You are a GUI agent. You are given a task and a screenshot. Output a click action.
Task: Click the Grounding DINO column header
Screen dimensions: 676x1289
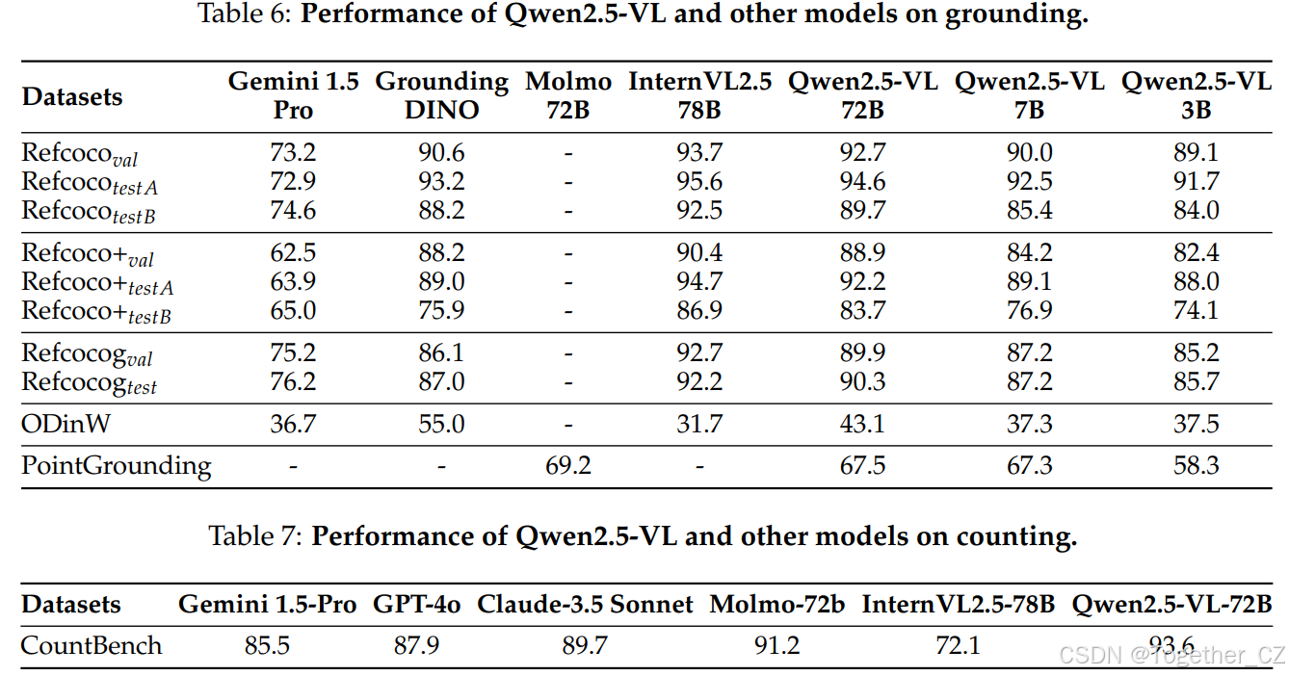pyautogui.click(x=441, y=95)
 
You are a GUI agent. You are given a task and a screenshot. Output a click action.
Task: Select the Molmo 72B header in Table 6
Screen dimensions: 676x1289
pyautogui.click(x=569, y=95)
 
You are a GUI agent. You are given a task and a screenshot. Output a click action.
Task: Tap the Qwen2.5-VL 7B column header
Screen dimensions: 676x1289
pyautogui.click(x=1029, y=95)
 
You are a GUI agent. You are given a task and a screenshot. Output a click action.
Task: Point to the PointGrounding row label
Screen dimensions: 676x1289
pyautogui.click(x=117, y=466)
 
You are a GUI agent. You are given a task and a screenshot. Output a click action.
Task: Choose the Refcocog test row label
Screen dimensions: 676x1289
pyautogui.click(x=89, y=382)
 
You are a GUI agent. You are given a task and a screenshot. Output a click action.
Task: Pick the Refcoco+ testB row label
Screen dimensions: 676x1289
pyautogui.click(x=96, y=312)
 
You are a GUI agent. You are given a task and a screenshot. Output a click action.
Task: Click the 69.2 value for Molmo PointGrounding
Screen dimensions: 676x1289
pyautogui.click(x=569, y=466)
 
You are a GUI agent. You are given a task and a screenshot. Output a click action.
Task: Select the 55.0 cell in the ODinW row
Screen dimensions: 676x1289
pyautogui.click(x=441, y=424)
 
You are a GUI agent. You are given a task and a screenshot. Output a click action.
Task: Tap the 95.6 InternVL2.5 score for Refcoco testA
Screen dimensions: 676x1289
pyautogui.click(x=699, y=181)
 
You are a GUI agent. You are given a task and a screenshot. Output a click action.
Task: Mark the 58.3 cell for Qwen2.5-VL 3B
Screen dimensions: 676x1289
pyautogui.click(x=1196, y=466)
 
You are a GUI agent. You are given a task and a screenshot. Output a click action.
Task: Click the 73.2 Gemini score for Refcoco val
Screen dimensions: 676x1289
pyautogui.click(x=293, y=152)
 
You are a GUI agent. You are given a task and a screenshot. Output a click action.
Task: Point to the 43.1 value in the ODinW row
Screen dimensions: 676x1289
pyautogui.click(x=862, y=424)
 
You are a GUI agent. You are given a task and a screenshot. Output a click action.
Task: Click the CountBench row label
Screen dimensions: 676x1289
pyautogui.click(x=92, y=644)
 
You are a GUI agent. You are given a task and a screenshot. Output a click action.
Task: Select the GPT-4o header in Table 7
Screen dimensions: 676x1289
pyautogui.click(x=416, y=605)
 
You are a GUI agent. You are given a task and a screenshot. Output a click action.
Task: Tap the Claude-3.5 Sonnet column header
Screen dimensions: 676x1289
pyautogui.click(x=585, y=605)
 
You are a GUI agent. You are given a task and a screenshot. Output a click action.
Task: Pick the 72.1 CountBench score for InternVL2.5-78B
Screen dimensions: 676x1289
pyautogui.click(x=958, y=644)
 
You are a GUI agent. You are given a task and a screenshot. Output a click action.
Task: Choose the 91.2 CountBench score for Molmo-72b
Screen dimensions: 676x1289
pyautogui.click(x=776, y=644)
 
